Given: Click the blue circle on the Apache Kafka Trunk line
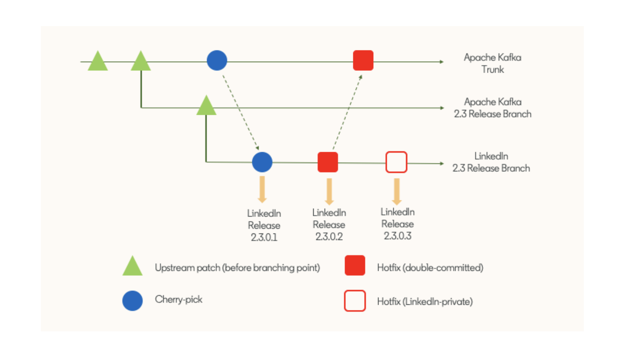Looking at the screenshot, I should point(217,60).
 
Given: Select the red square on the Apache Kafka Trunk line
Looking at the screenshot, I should point(363,60).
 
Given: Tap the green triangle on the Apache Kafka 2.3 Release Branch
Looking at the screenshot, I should point(206,107).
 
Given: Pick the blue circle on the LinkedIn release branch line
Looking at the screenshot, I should point(262,162).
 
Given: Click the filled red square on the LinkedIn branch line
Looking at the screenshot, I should point(328,162).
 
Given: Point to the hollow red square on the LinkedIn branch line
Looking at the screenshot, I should point(396,162).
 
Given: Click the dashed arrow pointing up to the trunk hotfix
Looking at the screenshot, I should point(347,112).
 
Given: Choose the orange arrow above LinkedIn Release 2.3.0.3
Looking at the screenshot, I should point(396,190).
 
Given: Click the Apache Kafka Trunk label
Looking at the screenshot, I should point(492,63).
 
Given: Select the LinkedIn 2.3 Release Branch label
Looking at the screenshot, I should point(491,162).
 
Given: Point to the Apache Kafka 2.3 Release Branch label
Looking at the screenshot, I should point(492,108).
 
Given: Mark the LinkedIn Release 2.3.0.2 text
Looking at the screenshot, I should point(329,225).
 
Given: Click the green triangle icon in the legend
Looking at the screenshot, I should point(133,267).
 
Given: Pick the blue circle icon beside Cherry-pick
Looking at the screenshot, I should point(133,300).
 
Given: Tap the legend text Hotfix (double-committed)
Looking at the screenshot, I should point(430,268).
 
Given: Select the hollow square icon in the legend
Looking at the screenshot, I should point(355,301).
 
